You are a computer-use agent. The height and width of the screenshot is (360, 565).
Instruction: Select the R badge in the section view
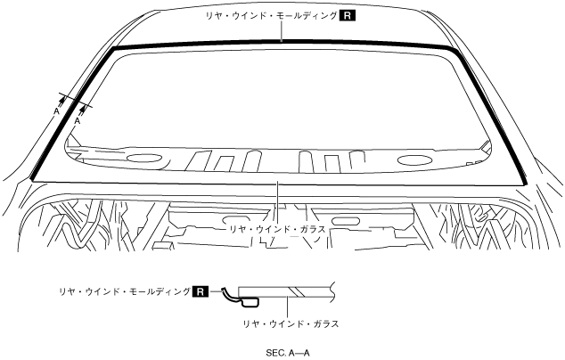[x=201, y=290]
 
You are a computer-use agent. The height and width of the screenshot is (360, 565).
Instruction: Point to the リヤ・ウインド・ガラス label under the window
[x=276, y=229]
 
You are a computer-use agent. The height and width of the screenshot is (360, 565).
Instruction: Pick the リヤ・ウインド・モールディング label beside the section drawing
[x=123, y=291]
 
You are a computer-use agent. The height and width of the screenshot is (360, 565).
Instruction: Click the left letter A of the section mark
[x=56, y=113]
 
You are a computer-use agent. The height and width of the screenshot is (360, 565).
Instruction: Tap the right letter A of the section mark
[x=77, y=120]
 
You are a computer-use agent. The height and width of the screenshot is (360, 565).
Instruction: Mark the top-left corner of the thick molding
[x=113, y=48]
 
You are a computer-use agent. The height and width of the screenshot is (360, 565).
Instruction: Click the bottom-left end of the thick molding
[x=33, y=180]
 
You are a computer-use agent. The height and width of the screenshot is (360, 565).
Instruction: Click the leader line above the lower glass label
[x=279, y=200]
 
